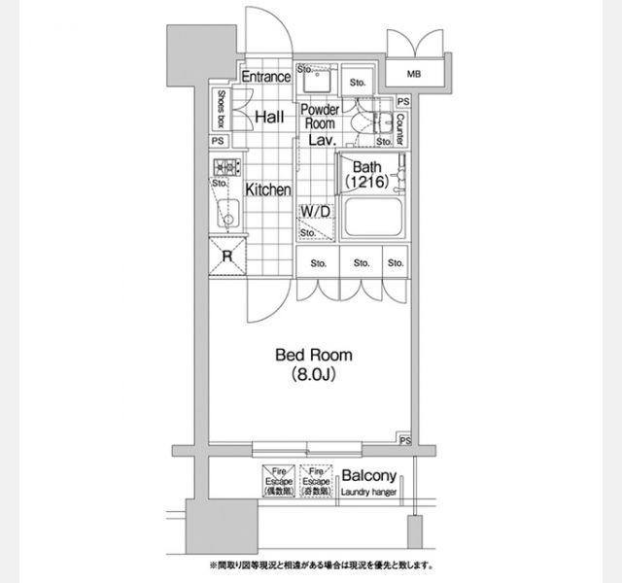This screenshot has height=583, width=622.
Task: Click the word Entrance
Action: point(265,77)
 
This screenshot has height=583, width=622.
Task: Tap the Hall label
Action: point(268,117)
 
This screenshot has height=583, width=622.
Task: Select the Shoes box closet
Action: point(223,109)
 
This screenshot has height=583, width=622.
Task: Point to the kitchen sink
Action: point(226,212)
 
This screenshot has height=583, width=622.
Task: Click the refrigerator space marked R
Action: point(226,256)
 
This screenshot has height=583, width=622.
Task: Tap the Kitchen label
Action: point(267,190)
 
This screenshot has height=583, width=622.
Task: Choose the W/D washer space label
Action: point(313,211)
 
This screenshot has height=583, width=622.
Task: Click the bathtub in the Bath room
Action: point(371,220)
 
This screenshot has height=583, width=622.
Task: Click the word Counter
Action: point(399,124)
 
